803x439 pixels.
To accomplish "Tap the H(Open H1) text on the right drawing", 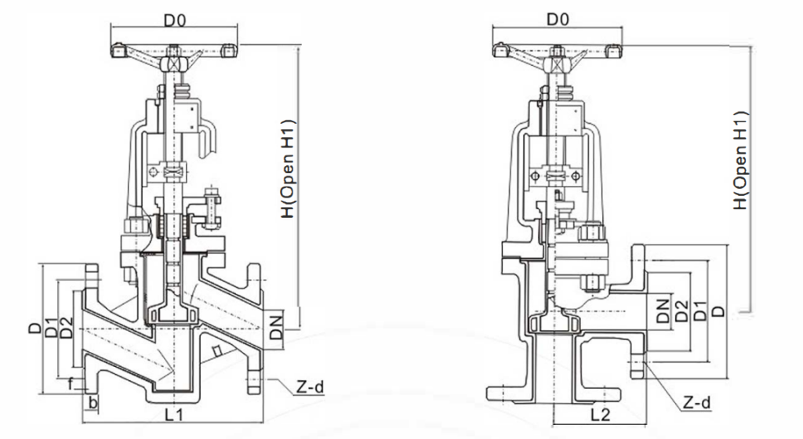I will click(739, 161).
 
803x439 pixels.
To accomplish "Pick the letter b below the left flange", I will click(93, 402).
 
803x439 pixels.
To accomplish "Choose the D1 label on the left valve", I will click(52, 329).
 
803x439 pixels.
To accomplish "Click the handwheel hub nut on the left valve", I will click(173, 63).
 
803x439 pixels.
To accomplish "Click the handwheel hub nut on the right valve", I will click(557, 58).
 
